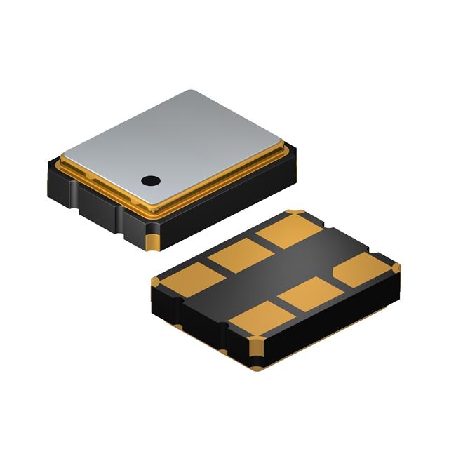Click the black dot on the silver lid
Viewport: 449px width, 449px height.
point(150,180)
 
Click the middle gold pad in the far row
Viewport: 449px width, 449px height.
point(241,254)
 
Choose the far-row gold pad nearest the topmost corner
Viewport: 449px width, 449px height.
point(290,230)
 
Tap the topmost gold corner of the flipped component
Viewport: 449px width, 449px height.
point(296,213)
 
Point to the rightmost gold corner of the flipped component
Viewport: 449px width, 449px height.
point(396,267)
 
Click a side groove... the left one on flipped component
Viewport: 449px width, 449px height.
point(180,309)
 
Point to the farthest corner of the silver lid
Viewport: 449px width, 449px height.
point(193,92)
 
